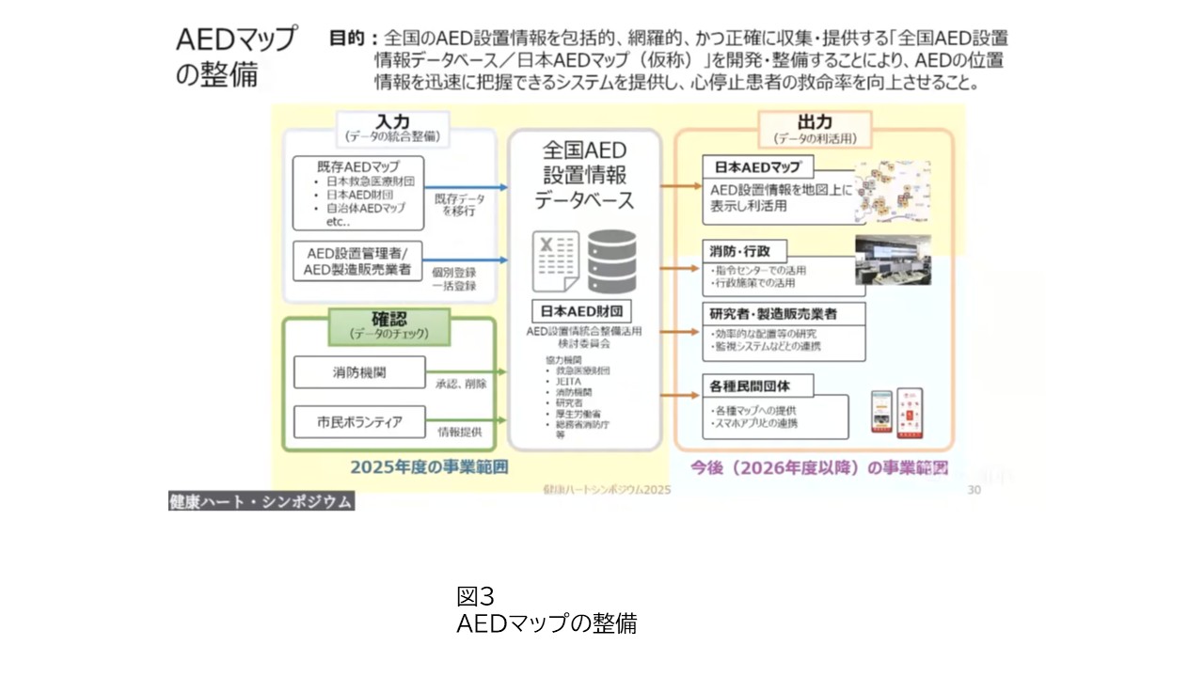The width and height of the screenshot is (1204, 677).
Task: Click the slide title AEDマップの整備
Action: (235, 56)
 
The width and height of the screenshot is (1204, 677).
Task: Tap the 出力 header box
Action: (815, 128)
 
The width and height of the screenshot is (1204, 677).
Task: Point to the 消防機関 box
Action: (359, 373)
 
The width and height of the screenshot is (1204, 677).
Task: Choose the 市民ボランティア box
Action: (359, 422)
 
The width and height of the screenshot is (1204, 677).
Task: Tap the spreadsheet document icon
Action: (556, 260)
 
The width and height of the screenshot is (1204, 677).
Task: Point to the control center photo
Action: (893, 260)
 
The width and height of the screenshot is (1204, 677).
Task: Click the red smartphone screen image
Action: (910, 413)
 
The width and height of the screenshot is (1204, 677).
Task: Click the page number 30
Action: (974, 490)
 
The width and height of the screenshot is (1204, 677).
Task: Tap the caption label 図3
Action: (475, 596)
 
